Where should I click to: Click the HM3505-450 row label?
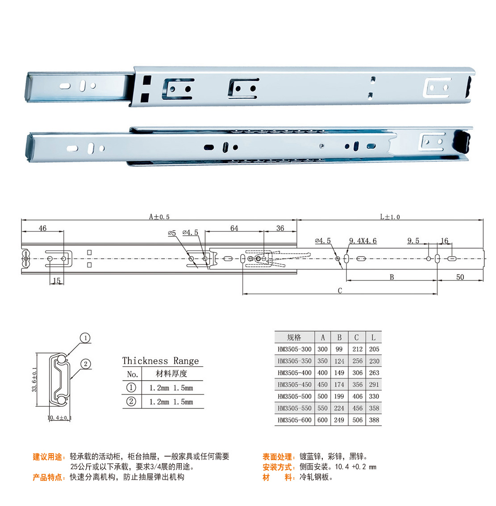[x=295, y=385]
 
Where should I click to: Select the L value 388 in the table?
[x=374, y=420]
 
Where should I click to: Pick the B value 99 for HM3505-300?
[x=339, y=349]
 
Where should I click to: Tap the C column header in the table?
[x=357, y=337]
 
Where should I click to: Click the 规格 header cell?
[x=294, y=337]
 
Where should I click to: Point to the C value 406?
[x=358, y=396]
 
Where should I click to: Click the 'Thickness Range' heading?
[x=160, y=361]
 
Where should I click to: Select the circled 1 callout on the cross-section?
[x=86, y=338]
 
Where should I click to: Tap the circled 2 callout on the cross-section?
[x=86, y=364]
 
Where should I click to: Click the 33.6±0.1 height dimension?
[x=34, y=379]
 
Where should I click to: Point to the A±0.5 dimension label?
[x=159, y=217]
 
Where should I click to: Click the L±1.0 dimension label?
[x=390, y=217]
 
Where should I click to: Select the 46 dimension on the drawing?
[x=42, y=228]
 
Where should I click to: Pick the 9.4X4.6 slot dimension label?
[x=363, y=241]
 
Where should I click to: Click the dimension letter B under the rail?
[x=392, y=277]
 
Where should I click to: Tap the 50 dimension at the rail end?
[x=460, y=277]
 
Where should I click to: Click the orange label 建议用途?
[x=47, y=456]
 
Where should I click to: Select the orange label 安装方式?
[x=277, y=467]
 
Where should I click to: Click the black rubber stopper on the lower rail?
[x=462, y=141]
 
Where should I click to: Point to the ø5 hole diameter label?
[x=172, y=232]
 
